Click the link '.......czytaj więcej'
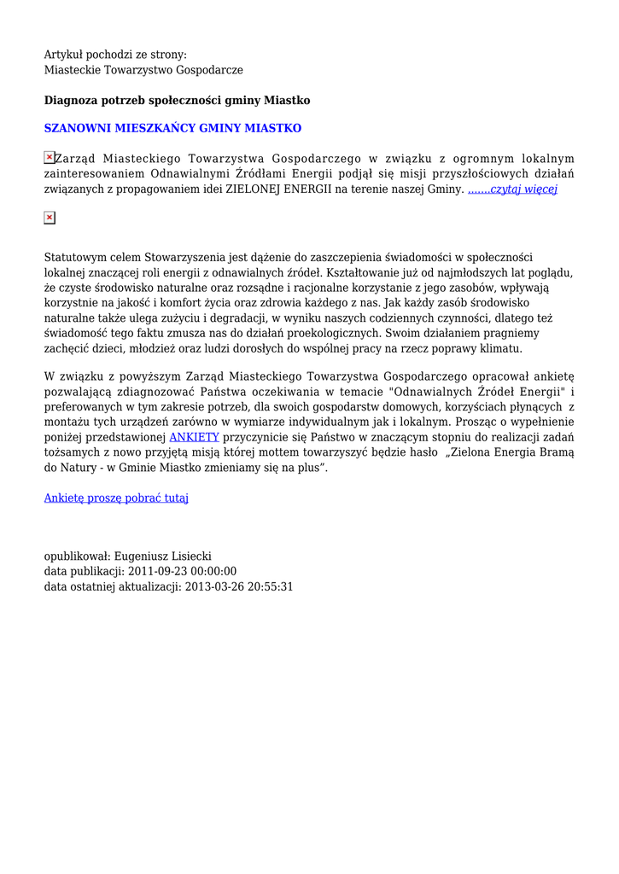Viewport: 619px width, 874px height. [512, 189]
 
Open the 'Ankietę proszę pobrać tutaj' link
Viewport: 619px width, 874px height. [116, 498]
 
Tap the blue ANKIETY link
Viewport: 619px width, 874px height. [194, 437]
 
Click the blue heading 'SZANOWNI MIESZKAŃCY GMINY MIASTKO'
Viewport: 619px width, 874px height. [172, 128]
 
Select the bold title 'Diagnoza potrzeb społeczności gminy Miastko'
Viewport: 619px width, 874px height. [177, 101]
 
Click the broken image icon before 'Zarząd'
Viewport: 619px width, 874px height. [49, 158]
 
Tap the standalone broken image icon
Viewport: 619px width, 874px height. [50, 218]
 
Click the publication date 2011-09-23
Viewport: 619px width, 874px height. [158, 571]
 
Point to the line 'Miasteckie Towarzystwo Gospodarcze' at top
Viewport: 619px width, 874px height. [143, 69]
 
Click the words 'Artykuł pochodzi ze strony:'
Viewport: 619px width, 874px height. [115, 55]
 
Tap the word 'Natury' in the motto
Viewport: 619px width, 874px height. [78, 468]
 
